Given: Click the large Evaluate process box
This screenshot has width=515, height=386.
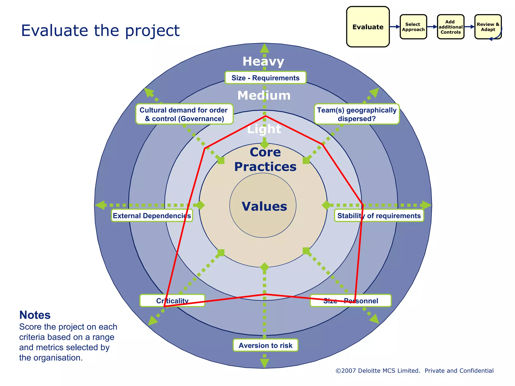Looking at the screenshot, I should tap(368, 27).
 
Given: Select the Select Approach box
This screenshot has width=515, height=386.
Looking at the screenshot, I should tap(413, 27).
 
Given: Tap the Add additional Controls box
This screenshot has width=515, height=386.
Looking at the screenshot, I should tap(450, 27).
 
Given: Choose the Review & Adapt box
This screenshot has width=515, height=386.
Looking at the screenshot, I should tap(488, 27).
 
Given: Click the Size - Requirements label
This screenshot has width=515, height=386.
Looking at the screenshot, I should tap(265, 78).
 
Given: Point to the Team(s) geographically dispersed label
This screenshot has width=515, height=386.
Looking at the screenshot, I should tap(356, 114).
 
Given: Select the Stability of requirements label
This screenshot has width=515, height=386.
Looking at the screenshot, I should tap(379, 216).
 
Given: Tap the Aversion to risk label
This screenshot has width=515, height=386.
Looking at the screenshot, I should tap(265, 345).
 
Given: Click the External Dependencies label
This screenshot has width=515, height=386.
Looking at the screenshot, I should tap(152, 216).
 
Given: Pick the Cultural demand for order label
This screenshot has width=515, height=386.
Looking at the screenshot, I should tap(184, 114).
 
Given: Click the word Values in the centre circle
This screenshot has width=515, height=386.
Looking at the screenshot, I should tap(264, 206).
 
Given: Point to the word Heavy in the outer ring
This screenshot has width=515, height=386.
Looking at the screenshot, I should tap(263, 61).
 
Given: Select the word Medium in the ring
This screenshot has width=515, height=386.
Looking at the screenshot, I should tap(264, 95).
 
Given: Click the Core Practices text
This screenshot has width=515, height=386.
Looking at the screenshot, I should tap(265, 159).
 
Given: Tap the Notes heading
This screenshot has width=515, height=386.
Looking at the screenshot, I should tap(35, 315).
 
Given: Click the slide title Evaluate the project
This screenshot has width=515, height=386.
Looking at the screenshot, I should tap(100, 31).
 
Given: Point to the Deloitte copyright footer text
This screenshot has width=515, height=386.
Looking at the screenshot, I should tap(414, 371).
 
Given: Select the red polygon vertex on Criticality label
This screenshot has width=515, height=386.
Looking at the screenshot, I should tap(164, 306).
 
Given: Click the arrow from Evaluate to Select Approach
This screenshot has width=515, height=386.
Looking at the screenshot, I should tap(395, 27).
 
